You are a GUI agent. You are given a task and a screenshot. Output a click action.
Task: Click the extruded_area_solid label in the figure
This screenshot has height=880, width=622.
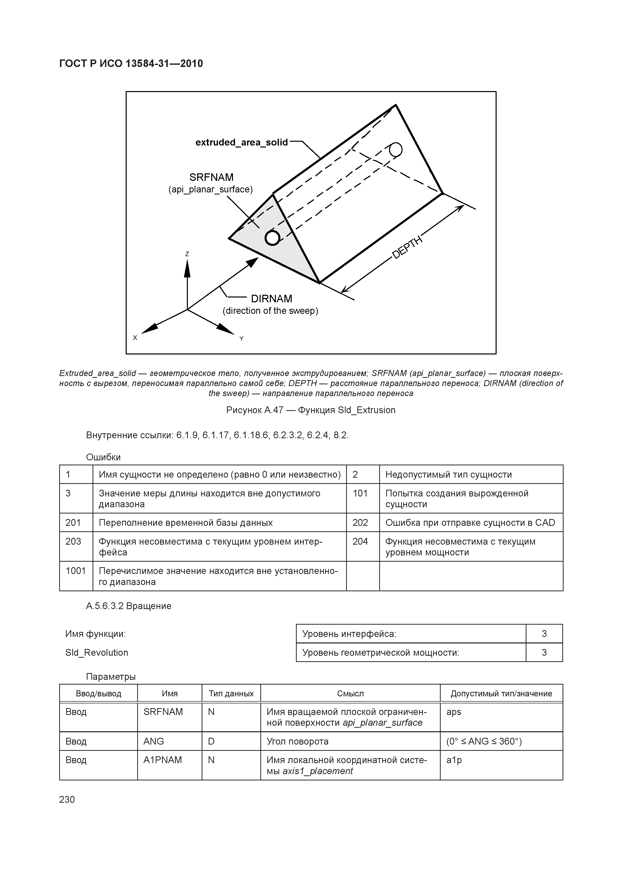242,142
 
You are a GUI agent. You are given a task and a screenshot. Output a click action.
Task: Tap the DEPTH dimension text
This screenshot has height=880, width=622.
407,247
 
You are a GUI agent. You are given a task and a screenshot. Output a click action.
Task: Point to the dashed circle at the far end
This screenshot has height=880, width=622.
396,150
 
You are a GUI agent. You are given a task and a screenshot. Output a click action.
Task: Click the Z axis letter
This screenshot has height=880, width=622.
187,254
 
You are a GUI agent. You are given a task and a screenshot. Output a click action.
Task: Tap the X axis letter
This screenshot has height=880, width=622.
135,338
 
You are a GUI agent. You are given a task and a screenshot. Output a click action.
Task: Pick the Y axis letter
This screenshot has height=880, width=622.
242,339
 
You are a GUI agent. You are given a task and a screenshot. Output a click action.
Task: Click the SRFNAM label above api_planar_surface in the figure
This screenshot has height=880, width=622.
211,177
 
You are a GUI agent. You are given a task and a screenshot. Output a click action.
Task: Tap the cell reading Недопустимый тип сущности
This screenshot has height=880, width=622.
448,475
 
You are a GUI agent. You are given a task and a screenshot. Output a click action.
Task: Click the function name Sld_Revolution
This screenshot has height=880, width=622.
97,652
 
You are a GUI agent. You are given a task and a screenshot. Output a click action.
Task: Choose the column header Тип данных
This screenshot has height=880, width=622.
231,693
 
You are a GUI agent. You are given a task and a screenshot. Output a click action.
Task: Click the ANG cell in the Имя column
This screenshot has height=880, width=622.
154,741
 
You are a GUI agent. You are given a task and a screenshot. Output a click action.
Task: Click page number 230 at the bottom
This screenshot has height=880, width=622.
67,799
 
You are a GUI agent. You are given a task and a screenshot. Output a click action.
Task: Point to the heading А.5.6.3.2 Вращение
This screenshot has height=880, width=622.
128,606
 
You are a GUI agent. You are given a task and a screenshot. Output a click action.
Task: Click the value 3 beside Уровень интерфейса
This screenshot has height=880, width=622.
544,634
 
